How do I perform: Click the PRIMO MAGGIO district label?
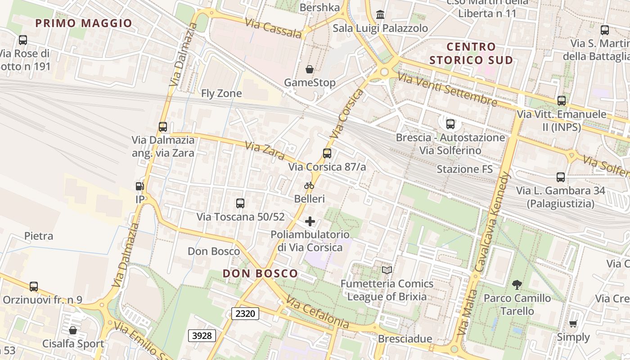click(83, 23)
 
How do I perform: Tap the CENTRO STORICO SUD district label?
click(471, 53)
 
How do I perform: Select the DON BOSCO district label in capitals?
click(260, 273)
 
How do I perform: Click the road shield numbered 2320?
click(245, 313)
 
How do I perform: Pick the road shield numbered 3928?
click(202, 335)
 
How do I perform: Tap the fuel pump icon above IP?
click(140, 186)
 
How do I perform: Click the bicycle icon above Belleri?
click(309, 185)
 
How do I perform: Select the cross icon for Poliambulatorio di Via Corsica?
click(310, 221)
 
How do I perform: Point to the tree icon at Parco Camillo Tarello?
click(517, 284)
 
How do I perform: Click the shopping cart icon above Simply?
click(573, 324)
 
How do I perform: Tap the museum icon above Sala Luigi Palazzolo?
click(380, 15)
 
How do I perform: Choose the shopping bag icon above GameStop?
click(310, 69)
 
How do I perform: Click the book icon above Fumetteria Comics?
click(387, 270)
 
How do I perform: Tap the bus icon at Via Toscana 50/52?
click(240, 203)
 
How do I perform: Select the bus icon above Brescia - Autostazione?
click(450, 124)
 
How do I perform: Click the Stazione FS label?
click(465, 169)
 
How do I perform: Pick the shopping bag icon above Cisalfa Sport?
click(73, 330)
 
